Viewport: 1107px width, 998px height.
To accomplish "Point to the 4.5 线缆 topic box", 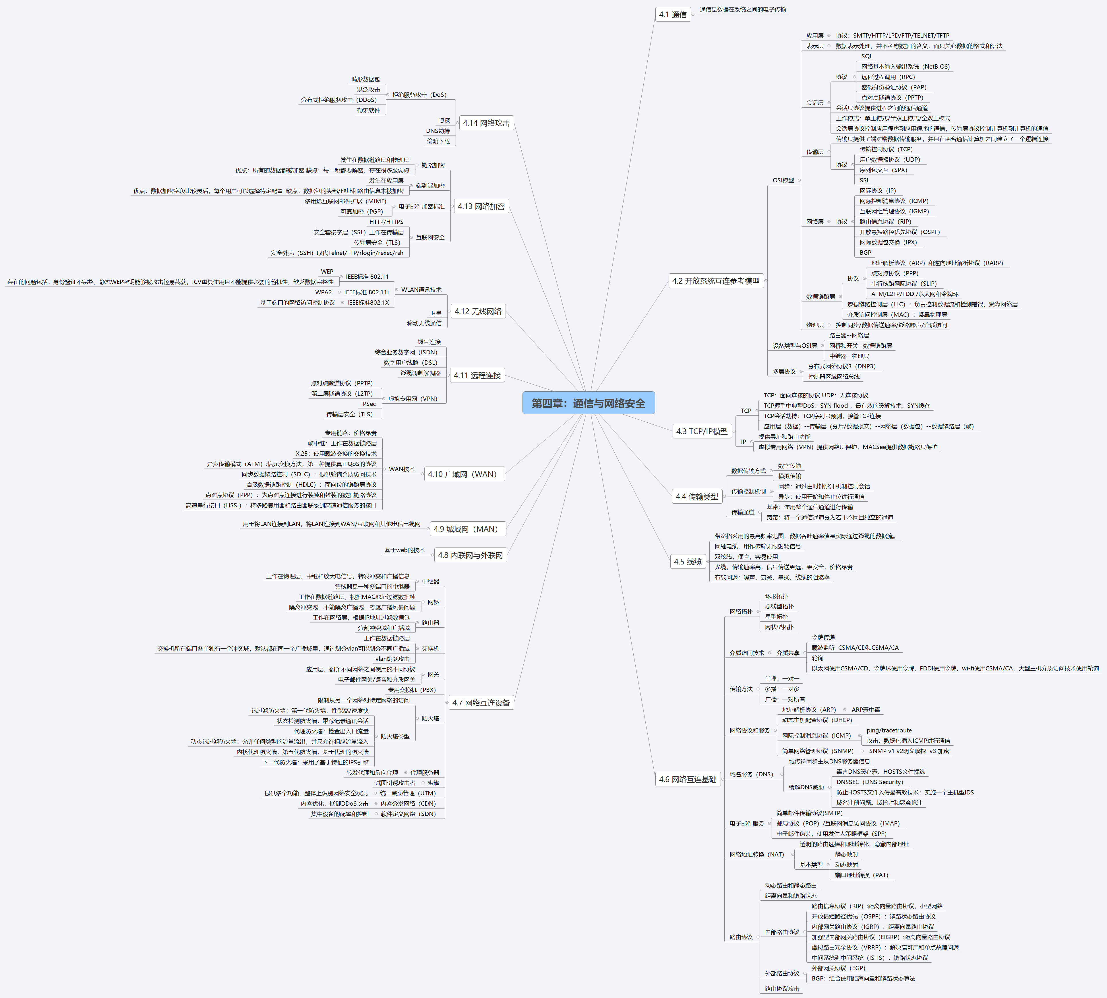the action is [688, 562].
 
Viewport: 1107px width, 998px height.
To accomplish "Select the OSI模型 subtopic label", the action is [783, 180].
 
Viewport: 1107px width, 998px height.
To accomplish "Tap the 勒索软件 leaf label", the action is [368, 110].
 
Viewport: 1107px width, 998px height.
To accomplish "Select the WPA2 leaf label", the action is [324, 292].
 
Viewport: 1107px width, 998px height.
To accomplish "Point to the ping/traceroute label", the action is [889, 730].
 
